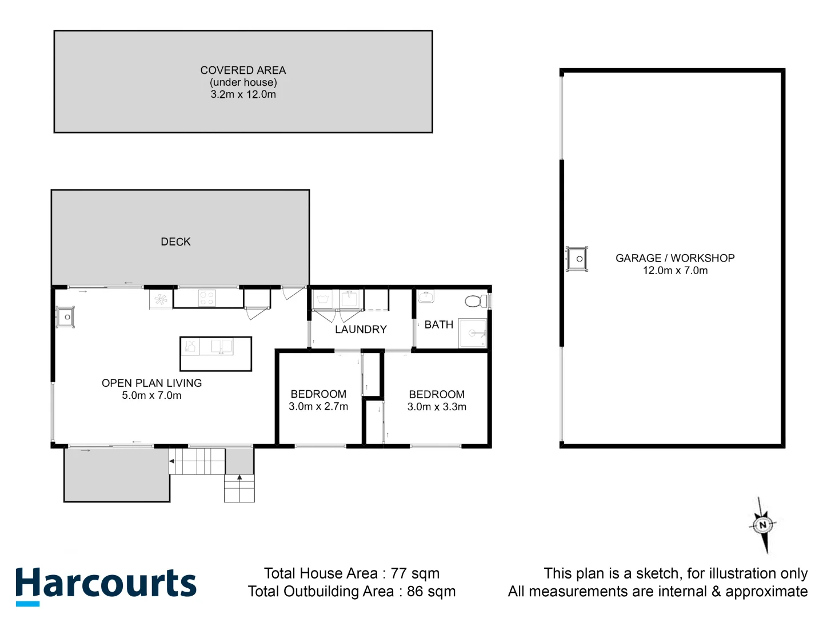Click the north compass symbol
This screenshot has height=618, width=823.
pos(762,525)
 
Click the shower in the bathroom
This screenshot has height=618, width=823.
pos(473,332)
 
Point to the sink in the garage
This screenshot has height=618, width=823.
pos(576,259)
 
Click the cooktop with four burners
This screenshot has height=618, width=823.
pos(206,298)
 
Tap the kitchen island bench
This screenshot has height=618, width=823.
pos(215,354)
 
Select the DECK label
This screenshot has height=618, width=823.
pos(175,242)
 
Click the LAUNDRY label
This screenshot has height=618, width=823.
pos(361,330)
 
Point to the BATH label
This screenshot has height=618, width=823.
pos(438,325)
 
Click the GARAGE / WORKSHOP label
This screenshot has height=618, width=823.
pos(675,258)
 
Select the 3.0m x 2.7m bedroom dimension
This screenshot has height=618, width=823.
pos(318,407)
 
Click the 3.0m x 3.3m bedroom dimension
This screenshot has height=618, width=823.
pos(437,407)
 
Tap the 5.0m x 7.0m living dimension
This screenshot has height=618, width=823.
pos(151,395)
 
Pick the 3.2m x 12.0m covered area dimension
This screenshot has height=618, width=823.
pos(243,94)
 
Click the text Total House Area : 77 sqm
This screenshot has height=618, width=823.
pos(351,573)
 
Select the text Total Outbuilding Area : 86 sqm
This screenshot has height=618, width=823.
pos(351,592)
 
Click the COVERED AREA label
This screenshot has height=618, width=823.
pos(243,70)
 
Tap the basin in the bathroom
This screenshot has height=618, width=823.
pos(426,297)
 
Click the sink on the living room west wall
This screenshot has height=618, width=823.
pos(65,317)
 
